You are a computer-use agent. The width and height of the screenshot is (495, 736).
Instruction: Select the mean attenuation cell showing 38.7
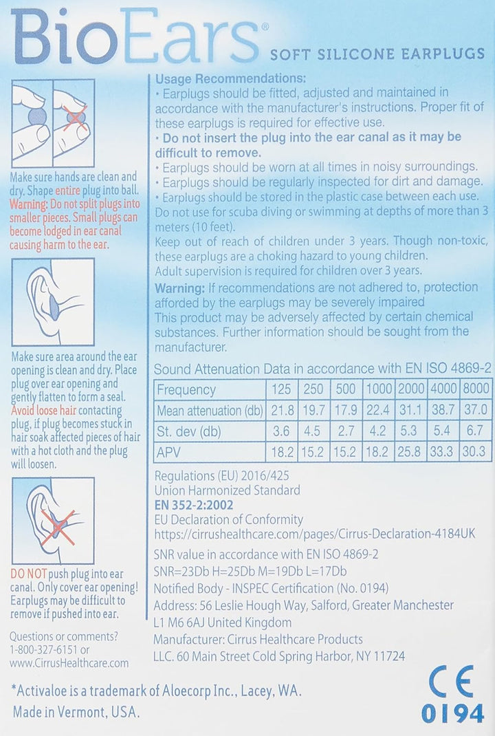tap(443, 411)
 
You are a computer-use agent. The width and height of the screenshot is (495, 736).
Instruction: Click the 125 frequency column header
tap(281, 389)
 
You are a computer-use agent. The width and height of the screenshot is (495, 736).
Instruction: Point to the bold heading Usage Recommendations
tap(231, 78)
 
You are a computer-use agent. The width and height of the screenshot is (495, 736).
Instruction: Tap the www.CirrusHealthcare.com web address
tap(70, 663)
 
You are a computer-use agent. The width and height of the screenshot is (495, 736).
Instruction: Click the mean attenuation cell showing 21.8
tap(281, 411)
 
